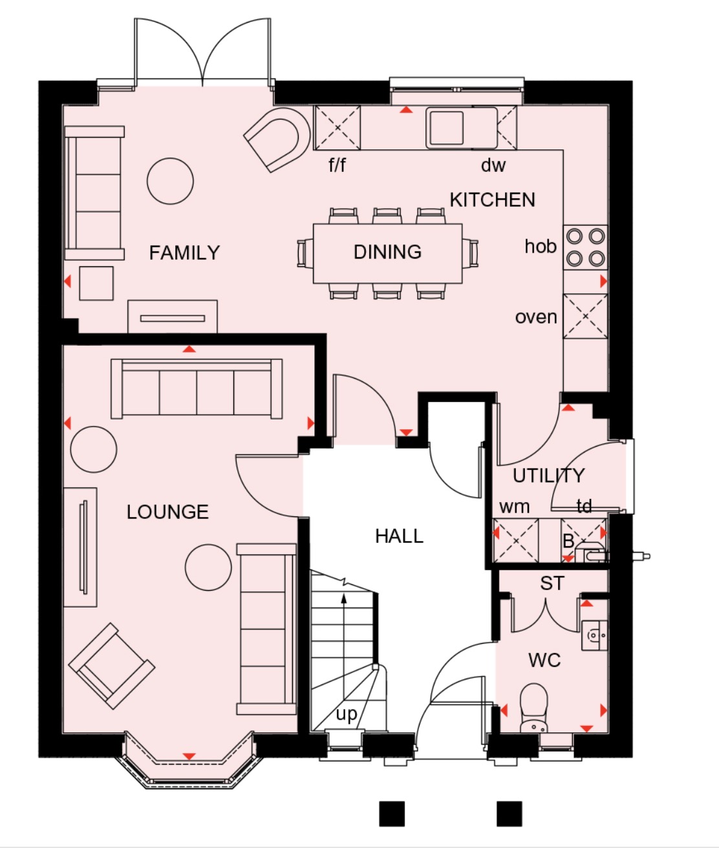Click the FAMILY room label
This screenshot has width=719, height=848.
pyautogui.click(x=184, y=253)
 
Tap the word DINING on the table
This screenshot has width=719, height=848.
pyautogui.click(x=387, y=252)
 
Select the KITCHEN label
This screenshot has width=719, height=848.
pyautogui.click(x=492, y=200)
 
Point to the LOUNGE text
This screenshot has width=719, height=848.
pyautogui.click(x=167, y=512)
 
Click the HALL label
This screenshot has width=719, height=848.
pyautogui.click(x=399, y=536)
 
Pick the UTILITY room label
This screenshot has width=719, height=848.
pyautogui.click(x=548, y=476)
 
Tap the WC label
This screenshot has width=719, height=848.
pyautogui.click(x=544, y=661)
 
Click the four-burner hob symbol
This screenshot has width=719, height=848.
pyautogui.click(x=585, y=248)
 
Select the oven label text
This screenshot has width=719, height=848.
pyautogui.click(x=536, y=317)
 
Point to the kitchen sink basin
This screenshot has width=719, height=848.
pyautogui.click(x=445, y=127)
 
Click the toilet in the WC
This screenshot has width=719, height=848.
pyautogui.click(x=534, y=708)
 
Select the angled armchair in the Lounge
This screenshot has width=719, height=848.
pyautogui.click(x=111, y=666)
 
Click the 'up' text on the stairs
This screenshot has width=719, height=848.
pyautogui.click(x=347, y=714)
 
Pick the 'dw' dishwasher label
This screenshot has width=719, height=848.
pyautogui.click(x=493, y=165)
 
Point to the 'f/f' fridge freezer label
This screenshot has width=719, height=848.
pyautogui.click(x=337, y=165)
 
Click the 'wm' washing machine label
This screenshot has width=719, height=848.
pyautogui.click(x=515, y=507)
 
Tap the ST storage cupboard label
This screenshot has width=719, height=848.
pyautogui.click(x=552, y=584)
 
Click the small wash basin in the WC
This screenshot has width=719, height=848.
pyautogui.click(x=594, y=635)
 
